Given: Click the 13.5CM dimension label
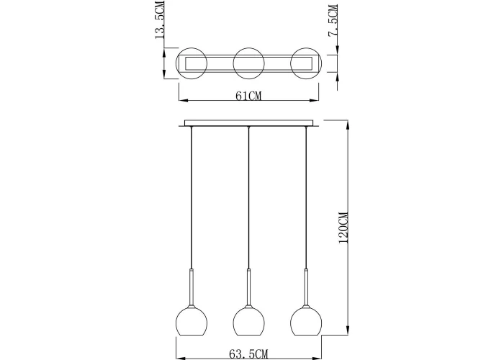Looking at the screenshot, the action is click(160, 19).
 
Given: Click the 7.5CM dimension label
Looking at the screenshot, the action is click(333, 21).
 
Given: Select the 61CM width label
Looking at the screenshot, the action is click(248, 96).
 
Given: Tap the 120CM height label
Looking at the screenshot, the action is click(343, 228).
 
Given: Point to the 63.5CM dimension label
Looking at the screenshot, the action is click(248, 354).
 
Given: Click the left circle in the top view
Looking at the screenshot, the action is click(192, 48).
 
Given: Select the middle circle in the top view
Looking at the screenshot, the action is click(249, 48).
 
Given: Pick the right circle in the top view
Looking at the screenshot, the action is click(306, 48).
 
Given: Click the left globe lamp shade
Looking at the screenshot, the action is click(192, 321).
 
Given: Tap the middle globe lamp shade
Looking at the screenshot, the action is click(249, 321).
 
